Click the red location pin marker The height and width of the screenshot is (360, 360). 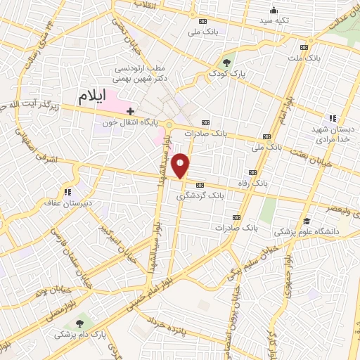181,165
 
